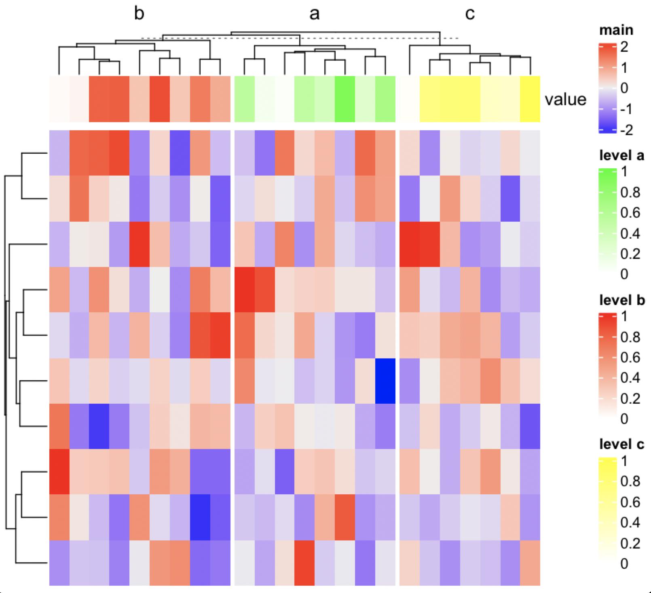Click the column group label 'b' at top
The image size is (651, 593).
139,14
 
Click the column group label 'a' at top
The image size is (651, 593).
314,14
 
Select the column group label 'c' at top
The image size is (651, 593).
469,14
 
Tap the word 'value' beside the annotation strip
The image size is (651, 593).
565,100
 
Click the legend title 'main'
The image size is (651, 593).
616,30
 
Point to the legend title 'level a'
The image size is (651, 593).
621,155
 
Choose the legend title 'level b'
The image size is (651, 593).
622,300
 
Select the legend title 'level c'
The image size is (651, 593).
621,445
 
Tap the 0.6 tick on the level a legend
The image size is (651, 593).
630,213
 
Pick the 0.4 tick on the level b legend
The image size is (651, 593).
630,378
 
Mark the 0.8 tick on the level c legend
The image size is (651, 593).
630,481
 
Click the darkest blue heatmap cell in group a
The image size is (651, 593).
385,381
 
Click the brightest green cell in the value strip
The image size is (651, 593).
345,99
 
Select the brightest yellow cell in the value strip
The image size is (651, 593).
530,99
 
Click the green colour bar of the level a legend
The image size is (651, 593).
608,222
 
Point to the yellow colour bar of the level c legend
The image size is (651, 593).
608,512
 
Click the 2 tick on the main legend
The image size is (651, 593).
624,47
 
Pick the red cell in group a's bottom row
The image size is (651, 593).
304,563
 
